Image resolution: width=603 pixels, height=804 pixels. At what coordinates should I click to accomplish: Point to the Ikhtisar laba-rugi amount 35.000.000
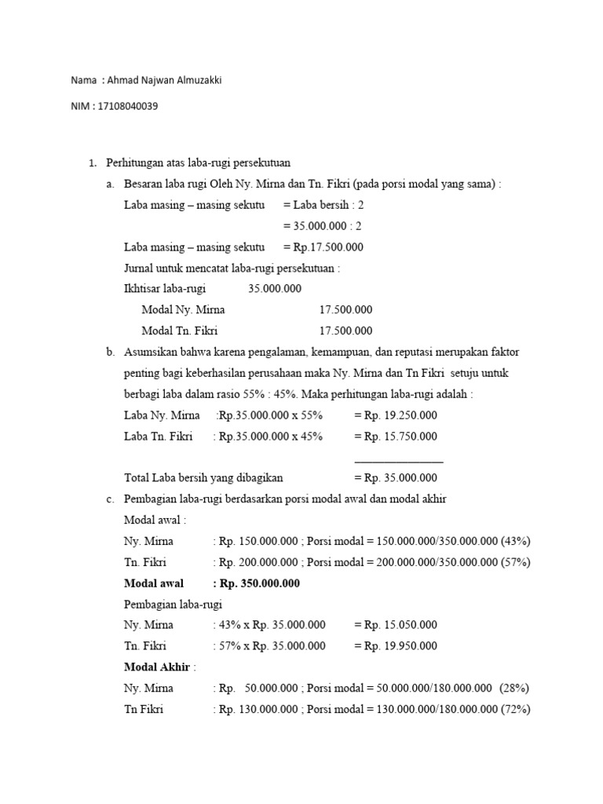click(275, 289)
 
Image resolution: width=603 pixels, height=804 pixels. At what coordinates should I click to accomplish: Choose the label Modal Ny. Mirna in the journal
click(183, 310)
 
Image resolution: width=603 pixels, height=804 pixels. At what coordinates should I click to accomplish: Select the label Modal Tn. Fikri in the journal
click(181, 331)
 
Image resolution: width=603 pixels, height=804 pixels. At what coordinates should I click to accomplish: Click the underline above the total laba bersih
click(399, 462)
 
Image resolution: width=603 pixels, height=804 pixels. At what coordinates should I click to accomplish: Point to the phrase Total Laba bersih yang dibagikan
click(203, 477)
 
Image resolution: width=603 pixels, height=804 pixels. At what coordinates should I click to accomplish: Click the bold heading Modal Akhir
click(157, 667)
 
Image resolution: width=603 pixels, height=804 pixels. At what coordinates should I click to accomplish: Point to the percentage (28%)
click(514, 689)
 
